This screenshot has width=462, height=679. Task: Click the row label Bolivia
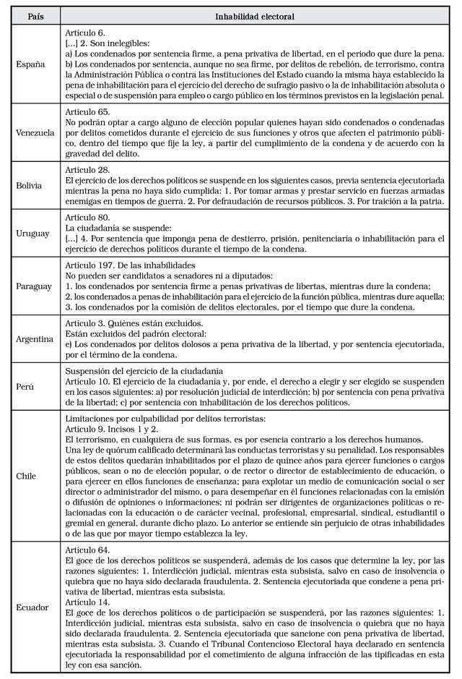coord(30,185)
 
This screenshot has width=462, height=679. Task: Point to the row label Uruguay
coord(32,233)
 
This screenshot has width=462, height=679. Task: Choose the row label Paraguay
coord(34,286)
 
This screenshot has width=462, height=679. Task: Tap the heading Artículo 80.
coord(87,217)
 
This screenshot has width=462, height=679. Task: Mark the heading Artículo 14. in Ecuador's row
coord(87,602)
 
